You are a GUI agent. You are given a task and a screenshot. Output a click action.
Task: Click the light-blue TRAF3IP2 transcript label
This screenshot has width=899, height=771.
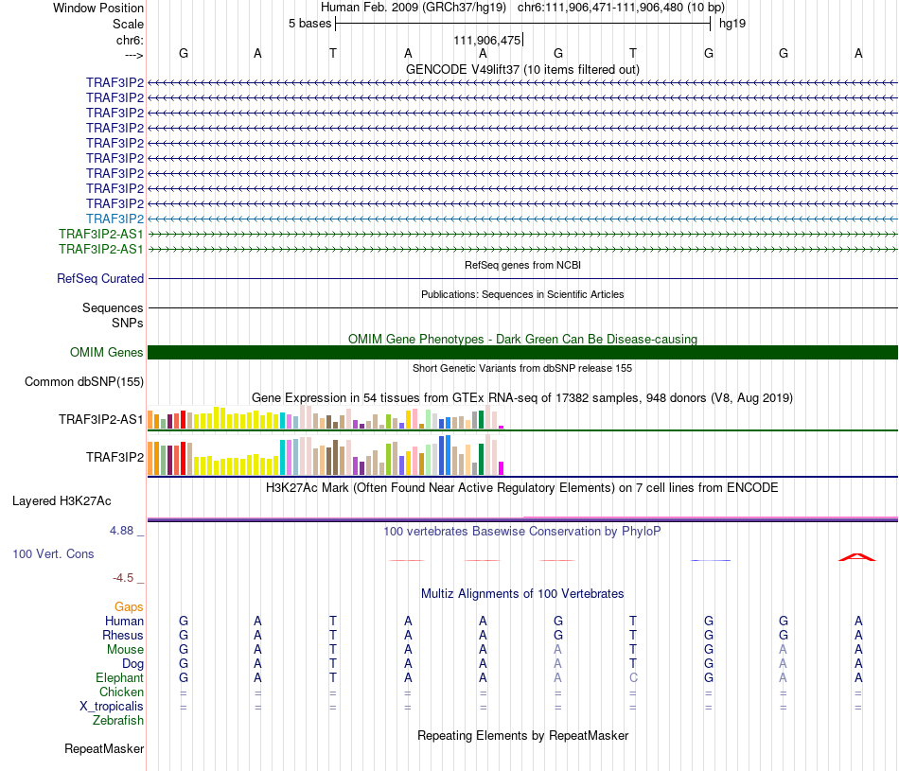point(115,219)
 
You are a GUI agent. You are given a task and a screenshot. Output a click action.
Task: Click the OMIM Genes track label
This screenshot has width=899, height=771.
point(106,353)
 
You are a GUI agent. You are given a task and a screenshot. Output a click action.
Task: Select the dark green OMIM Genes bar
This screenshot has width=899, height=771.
point(522,353)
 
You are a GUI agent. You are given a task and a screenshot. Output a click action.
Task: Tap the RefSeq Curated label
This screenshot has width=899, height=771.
point(99,278)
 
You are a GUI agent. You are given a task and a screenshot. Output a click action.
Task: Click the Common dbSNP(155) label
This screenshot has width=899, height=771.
point(83,382)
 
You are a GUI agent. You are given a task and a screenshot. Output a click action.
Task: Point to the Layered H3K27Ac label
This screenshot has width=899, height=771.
point(62,501)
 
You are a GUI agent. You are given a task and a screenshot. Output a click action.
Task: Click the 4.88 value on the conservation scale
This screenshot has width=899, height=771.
point(121,531)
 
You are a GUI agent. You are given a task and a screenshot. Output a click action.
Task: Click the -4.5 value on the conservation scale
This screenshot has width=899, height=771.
point(123,578)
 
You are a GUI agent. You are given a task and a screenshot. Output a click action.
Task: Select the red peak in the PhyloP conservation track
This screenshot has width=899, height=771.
point(857,556)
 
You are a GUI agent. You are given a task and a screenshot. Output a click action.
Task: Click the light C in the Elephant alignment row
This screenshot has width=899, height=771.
point(633,677)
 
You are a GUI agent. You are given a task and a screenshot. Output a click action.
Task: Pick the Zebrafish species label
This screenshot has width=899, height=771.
point(118,721)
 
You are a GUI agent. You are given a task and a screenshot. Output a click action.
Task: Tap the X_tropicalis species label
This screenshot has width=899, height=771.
point(112,707)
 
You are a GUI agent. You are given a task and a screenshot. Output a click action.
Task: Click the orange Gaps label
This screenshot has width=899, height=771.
point(129,607)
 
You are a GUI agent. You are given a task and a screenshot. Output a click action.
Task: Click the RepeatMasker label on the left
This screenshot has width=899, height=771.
point(104,749)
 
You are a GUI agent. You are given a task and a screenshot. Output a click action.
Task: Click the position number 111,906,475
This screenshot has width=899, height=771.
point(486,41)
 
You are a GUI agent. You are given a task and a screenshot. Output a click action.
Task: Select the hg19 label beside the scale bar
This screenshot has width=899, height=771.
point(732,24)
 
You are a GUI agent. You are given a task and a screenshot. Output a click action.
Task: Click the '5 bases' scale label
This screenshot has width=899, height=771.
point(309,24)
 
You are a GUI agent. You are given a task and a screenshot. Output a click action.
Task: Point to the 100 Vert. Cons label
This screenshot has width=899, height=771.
point(53,553)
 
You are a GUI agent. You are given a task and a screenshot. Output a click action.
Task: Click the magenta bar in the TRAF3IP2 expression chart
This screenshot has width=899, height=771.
point(502,468)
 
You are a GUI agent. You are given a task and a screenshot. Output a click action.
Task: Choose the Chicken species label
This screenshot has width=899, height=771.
point(121,692)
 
